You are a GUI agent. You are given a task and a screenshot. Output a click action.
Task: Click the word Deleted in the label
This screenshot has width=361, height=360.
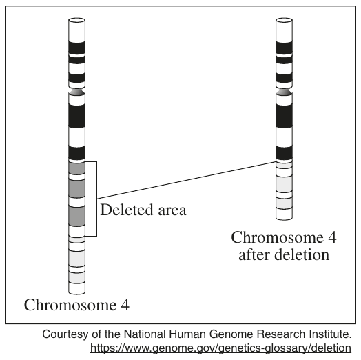127,210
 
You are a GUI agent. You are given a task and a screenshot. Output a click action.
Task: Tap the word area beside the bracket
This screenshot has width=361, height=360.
172,211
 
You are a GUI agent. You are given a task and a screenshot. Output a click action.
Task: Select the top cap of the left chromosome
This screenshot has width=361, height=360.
77,20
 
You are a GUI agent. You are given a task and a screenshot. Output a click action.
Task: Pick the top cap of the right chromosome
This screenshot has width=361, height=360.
284,20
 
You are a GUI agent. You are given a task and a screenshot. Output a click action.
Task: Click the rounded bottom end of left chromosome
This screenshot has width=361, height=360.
77,292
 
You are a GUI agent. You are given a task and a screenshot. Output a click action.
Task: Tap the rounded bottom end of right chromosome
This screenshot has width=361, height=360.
284,217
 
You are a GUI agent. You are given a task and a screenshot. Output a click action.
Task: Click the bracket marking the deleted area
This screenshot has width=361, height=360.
96,199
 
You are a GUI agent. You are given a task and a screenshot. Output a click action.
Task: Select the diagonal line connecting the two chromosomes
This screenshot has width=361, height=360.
187,180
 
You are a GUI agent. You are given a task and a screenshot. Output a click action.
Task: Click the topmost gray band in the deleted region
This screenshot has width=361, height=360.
77,168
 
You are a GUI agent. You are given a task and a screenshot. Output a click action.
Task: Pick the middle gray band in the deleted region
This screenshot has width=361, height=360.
77,188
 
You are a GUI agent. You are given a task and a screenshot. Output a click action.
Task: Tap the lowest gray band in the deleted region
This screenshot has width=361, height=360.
77,216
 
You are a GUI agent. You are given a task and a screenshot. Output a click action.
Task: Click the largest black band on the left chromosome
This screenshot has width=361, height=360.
77,116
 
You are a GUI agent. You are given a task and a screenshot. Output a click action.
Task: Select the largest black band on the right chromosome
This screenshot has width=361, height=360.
284,116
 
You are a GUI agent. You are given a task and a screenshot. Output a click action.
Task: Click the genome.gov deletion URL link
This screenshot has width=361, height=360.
220,348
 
